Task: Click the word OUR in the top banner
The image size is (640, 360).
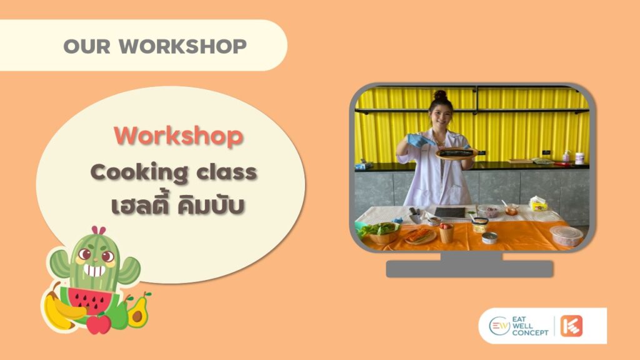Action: coord(87,46)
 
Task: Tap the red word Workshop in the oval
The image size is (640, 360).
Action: coord(179,136)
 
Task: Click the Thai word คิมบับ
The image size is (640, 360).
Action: coord(211,205)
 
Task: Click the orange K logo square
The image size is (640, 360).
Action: coord(571,326)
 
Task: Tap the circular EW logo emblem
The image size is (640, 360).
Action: coord(499,326)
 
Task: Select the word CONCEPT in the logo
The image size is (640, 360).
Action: coord(530,333)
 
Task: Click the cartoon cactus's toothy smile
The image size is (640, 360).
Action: coord(95,271)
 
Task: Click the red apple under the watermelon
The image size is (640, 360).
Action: coord(98,324)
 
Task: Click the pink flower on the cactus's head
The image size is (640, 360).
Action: coord(98,231)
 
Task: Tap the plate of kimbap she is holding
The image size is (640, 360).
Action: coord(456,154)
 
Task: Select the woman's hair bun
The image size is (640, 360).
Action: coord(440,95)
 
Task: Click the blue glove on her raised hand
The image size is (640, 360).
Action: coord(419,141)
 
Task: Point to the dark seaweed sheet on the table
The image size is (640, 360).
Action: coord(450,212)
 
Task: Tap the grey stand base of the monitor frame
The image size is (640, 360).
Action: coord(470,269)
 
